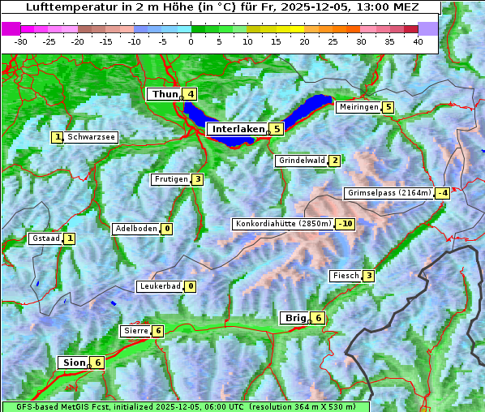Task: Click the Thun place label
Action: coord(164,94)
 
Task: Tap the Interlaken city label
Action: coord(238,129)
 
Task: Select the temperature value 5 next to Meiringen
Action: coord(388,107)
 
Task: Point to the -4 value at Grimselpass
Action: coord(442,193)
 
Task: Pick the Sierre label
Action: coord(135,331)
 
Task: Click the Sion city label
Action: coord(72,363)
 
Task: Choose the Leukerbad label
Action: coord(159,286)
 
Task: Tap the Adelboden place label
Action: coord(135,229)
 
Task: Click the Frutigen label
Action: coord(171,179)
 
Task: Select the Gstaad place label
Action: coord(45,238)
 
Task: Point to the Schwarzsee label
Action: coord(92,137)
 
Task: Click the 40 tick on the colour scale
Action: coord(418,41)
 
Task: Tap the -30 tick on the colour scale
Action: coord(21,41)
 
